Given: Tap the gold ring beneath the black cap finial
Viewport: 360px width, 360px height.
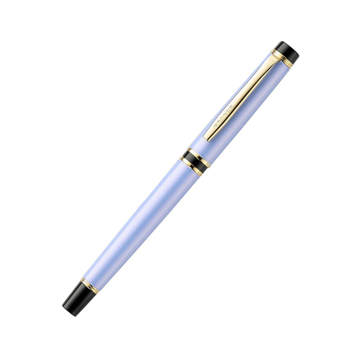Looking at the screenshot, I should coord(282,59).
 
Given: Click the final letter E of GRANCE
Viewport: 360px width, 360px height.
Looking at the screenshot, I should coord(231,107).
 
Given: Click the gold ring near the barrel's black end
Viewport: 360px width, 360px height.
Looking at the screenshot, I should coord(89,285).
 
